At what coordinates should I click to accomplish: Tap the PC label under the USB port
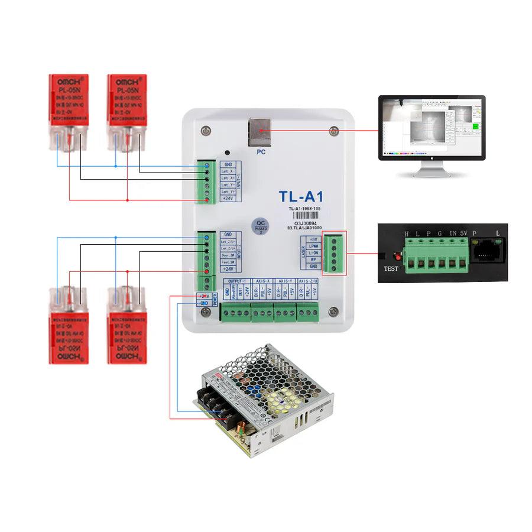[261, 152]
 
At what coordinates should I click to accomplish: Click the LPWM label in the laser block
[314, 246]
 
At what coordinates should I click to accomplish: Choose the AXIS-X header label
[262, 281]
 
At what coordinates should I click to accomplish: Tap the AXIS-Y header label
[285, 281]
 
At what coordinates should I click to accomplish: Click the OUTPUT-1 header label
[236, 281]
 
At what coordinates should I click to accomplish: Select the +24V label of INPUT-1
[228, 199]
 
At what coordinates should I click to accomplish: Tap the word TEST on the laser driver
[391, 267]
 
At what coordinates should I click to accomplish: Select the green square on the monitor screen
[474, 125]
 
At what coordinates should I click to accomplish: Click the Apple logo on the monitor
[431, 156]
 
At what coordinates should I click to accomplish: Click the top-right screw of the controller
[334, 130]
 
